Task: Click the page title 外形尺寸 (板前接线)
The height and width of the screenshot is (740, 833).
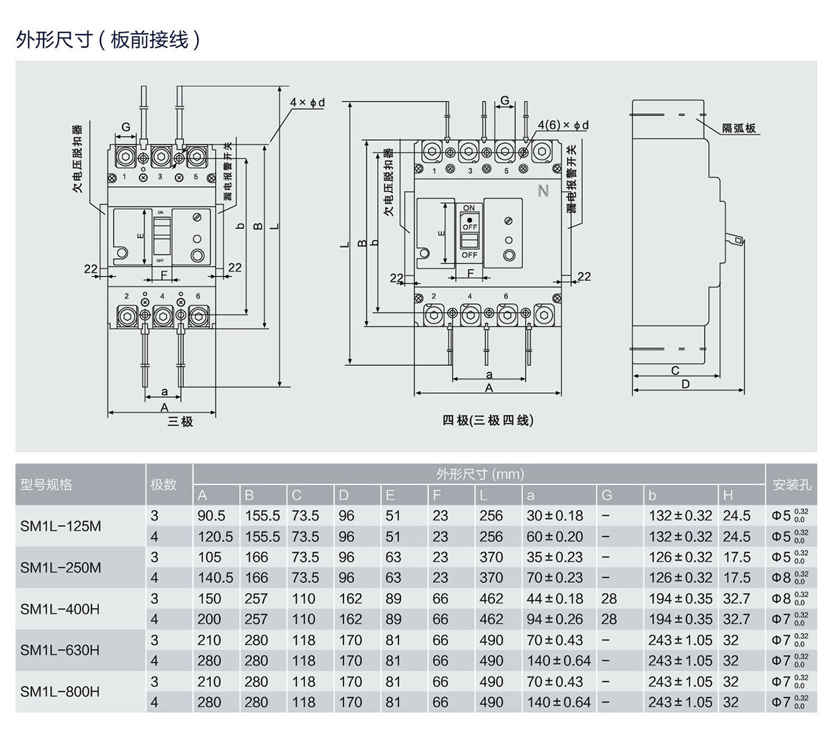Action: (108, 40)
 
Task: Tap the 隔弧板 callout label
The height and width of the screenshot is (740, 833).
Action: (739, 128)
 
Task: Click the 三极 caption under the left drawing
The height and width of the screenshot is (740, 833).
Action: (180, 421)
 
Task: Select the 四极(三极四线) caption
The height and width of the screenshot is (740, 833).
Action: (488, 420)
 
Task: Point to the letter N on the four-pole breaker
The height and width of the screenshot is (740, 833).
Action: (544, 190)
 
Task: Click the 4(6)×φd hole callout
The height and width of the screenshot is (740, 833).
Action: (563, 125)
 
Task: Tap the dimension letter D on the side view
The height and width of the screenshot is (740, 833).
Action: (686, 384)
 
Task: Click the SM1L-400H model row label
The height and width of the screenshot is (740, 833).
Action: (60, 609)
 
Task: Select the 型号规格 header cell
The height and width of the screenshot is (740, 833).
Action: (46, 485)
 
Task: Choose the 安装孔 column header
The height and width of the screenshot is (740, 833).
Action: (791, 485)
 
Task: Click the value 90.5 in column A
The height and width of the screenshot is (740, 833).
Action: (211, 516)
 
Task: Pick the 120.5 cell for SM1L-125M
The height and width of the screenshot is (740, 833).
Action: (215, 537)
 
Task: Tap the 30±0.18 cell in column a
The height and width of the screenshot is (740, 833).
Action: (555, 516)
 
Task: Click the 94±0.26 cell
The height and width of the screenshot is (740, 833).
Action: (555, 619)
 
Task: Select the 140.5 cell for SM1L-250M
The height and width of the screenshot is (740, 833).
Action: (215, 578)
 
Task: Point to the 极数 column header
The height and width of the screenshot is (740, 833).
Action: (163, 485)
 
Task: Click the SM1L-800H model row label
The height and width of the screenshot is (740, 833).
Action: (60, 691)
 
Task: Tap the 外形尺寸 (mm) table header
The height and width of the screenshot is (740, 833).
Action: (480, 475)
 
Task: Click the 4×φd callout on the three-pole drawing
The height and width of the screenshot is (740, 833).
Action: (307, 103)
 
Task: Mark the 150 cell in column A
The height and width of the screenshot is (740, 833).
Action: (209, 598)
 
